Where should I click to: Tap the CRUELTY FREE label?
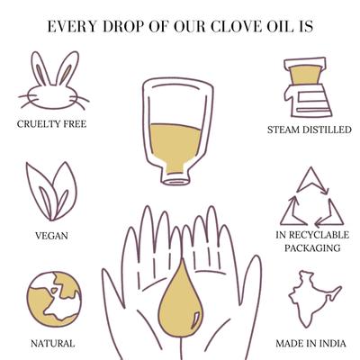point(53,124)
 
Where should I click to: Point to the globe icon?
point(52,296)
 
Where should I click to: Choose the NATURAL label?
point(53,343)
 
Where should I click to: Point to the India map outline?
point(310,297)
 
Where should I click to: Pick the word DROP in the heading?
point(122,26)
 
